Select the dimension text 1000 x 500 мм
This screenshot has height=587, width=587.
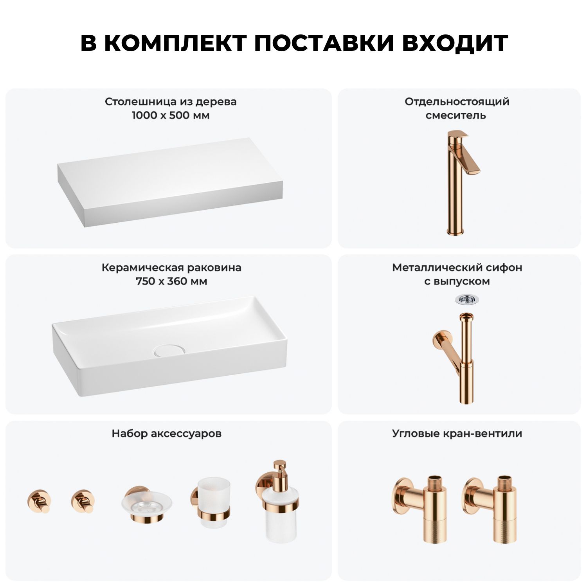click(x=171, y=115)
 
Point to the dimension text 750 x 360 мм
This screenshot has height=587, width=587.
click(x=171, y=281)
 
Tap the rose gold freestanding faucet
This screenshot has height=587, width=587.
click(x=462, y=182)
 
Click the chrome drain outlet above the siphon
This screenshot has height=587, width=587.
click(x=467, y=299)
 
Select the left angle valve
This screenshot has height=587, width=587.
click(x=419, y=509)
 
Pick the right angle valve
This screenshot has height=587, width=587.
click(x=489, y=509)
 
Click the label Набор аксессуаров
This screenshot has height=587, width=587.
click(x=167, y=434)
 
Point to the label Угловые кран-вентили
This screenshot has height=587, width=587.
click(x=457, y=434)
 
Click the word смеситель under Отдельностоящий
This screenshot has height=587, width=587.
click(x=456, y=115)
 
